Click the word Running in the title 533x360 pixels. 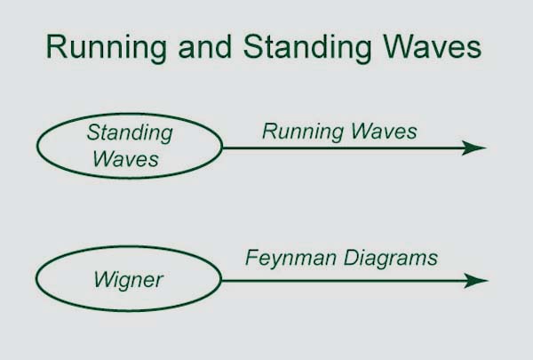107,49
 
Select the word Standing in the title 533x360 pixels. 307,49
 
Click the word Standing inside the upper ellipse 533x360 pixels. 130,132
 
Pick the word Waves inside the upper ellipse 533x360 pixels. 126,158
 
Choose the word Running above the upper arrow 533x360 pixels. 303,132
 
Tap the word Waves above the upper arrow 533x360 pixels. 384,131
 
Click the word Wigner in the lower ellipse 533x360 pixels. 129,280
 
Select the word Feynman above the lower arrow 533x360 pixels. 291,259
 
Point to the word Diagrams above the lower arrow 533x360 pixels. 391,259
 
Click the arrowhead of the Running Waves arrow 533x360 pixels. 473,148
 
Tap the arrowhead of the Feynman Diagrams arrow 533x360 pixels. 476,281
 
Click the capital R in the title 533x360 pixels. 56,46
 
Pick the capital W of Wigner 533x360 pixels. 106,279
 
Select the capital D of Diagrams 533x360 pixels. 352,258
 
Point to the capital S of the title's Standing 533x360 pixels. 253,46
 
